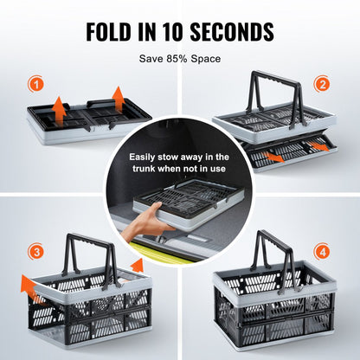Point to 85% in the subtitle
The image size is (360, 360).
[x=177, y=59]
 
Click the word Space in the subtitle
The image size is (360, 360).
[x=208, y=59]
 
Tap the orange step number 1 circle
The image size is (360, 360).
[x=35, y=85]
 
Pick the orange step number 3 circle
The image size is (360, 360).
[x=35, y=253]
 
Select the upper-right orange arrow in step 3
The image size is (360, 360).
[x=136, y=264]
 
